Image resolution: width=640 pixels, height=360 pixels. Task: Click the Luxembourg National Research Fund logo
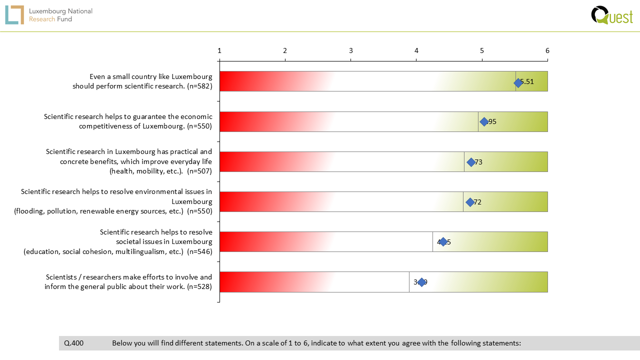49,15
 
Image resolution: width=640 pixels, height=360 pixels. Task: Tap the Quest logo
611,15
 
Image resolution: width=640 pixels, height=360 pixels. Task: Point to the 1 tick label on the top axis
219,50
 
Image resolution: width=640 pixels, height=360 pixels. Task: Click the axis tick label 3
351,50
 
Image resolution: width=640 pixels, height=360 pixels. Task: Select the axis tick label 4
416,50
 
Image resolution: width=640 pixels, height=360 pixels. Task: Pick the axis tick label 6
547,50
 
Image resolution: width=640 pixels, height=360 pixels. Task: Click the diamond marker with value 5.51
518,82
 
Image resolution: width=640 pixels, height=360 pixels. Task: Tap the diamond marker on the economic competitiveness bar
484,121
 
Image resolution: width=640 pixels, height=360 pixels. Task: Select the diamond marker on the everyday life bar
471,162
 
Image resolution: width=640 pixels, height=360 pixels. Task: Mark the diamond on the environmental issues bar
470,202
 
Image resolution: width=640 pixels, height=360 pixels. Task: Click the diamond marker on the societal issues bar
443,242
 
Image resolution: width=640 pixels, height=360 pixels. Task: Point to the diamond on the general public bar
421,282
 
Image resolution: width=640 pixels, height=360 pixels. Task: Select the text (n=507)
199,171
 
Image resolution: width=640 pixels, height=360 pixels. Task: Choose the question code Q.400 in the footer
74,343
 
